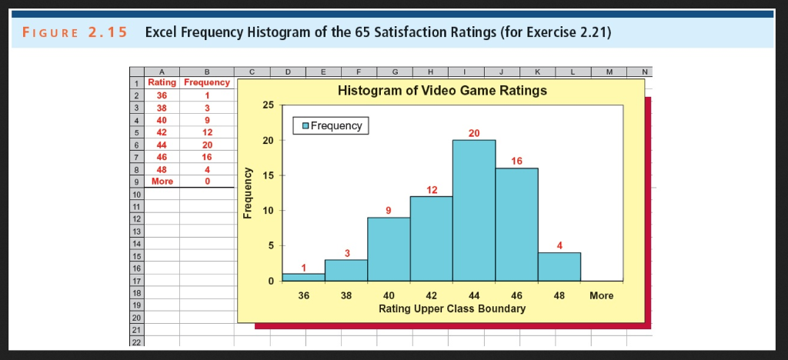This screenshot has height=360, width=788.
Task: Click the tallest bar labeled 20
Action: point(474,210)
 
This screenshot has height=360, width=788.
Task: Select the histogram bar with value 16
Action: point(516,224)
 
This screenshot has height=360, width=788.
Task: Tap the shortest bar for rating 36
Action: point(303,277)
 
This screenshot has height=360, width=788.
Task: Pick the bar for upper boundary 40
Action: point(389,249)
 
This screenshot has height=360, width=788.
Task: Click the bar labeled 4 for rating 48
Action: point(559,266)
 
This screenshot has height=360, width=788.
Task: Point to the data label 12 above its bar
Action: point(431,189)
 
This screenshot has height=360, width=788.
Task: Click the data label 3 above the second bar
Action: point(346,253)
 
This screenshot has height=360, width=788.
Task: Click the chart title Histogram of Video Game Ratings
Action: point(442,91)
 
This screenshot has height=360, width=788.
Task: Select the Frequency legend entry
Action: point(331,125)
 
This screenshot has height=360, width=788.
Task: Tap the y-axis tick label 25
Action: point(268,105)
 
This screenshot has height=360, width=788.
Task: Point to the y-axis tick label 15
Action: point(268,175)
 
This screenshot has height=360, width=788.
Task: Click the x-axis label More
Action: point(601,295)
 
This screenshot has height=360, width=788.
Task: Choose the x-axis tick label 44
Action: point(474,295)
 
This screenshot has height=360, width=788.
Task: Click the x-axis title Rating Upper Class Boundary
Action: point(452,308)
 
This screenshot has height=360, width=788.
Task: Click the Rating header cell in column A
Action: point(162,82)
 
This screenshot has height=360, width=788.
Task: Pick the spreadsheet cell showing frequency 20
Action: point(206,144)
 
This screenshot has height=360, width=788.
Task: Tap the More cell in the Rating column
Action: point(162,182)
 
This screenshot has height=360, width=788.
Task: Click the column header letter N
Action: point(645,72)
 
